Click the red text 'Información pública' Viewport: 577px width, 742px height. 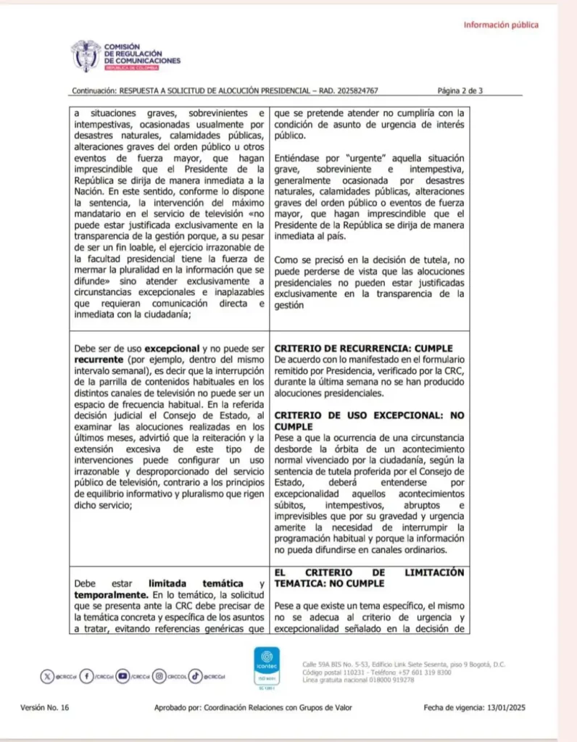click(501, 25)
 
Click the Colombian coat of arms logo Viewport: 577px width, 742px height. click(86, 56)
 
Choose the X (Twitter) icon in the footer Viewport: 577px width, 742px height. click(47, 676)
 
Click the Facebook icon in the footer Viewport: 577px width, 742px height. click(86, 676)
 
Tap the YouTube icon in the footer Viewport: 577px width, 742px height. click(123, 676)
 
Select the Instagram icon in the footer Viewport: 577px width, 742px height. click(160, 676)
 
